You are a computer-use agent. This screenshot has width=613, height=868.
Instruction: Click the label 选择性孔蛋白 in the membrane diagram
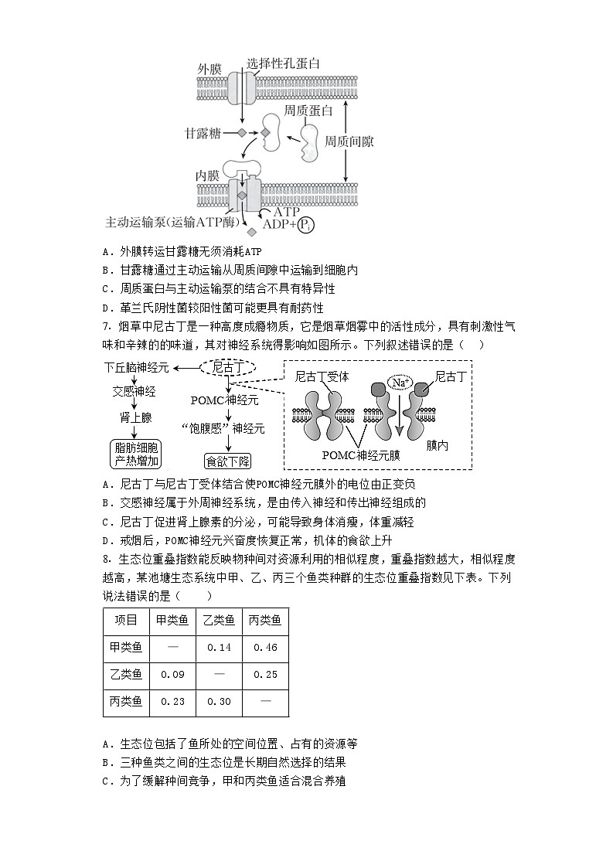pyautogui.click(x=283, y=64)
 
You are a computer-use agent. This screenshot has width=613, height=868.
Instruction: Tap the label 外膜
pyautogui.click(x=209, y=70)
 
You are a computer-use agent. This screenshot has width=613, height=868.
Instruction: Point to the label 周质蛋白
pyautogui.click(x=308, y=111)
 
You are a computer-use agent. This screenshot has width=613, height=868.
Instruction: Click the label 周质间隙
pyautogui.click(x=349, y=141)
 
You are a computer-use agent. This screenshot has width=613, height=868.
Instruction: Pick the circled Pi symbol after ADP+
pyautogui.click(x=307, y=225)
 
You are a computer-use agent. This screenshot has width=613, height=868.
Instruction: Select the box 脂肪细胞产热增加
pyautogui.click(x=136, y=454)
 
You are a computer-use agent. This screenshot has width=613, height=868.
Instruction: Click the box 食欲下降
pyautogui.click(x=228, y=461)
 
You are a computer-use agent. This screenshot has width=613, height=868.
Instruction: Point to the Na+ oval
pyautogui.click(x=400, y=383)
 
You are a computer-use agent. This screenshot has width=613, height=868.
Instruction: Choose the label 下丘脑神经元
pyautogui.click(x=137, y=368)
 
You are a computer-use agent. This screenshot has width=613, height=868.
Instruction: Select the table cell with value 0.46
pyautogui.click(x=264, y=647)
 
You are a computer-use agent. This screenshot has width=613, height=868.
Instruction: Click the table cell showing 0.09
pyautogui.click(x=172, y=675)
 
